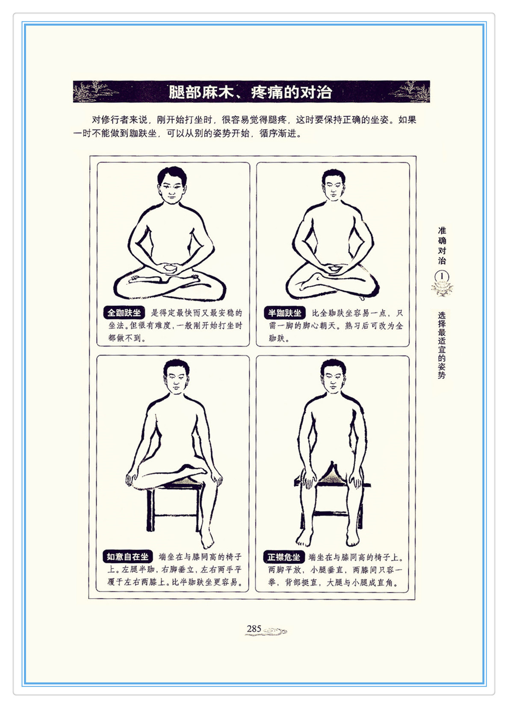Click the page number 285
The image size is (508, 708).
coord(254,629)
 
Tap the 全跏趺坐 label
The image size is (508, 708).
coord(124,313)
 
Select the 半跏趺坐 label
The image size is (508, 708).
coord(285,313)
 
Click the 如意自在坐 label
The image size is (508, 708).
coord(127,557)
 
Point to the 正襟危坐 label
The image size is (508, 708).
coord(284,557)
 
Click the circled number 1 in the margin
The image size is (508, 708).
coord(442,276)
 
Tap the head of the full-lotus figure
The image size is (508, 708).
coord(172,185)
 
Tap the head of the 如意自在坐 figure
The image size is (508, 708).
coord(176,376)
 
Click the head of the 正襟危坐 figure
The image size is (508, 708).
coord(333,376)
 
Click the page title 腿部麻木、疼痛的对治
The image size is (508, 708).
coord(250,92)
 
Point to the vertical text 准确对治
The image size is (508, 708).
coord(442,246)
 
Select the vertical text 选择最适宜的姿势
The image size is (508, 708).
coord(442,345)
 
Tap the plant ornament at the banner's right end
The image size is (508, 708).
coord(411,92)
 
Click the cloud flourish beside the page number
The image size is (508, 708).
coord(274,631)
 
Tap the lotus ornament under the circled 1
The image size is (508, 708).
coord(442,289)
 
